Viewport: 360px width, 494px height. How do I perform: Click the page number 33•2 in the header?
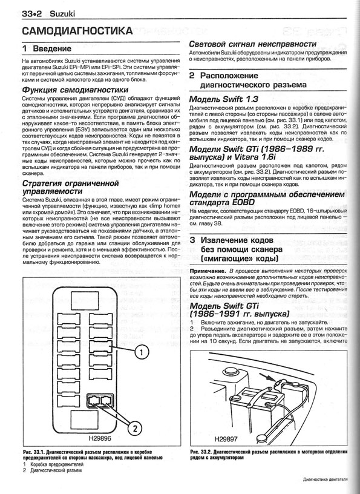click(x=32, y=14)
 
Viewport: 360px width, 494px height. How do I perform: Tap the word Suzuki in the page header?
click(x=62, y=14)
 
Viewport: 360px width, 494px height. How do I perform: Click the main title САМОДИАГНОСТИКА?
click(x=78, y=31)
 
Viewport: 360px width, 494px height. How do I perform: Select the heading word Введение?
click(x=52, y=49)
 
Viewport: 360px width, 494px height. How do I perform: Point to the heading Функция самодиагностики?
click(x=76, y=90)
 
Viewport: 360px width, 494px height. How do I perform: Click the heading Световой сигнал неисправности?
click(x=252, y=44)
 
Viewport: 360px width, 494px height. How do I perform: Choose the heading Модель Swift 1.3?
click(x=224, y=99)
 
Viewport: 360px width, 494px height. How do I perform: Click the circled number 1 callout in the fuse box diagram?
click(x=142, y=352)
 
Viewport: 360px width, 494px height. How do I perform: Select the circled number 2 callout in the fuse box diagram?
click(x=134, y=428)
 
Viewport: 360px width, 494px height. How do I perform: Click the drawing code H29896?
click(x=100, y=438)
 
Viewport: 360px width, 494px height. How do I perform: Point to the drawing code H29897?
click(x=226, y=439)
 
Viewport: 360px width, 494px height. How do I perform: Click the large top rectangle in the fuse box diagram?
click(x=85, y=300)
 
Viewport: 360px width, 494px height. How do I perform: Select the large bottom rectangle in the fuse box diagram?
click(x=85, y=419)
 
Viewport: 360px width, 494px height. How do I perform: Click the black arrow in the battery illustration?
click(x=267, y=378)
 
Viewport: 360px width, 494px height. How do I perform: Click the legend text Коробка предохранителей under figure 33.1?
click(x=57, y=464)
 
